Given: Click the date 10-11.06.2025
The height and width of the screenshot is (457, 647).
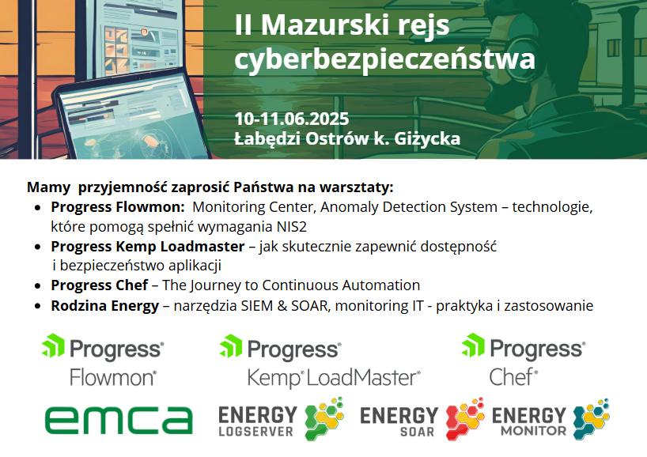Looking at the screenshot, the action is coord(292,119).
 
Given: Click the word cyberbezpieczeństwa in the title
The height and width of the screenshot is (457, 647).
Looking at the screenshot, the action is coord(384,59).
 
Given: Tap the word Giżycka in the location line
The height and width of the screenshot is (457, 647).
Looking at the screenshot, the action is coord(427,138).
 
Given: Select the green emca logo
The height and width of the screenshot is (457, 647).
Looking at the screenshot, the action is coord(119,421).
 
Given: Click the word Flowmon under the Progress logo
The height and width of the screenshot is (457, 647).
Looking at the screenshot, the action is coord(113,377).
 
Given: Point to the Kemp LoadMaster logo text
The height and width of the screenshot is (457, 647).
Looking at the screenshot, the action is coord(334,378).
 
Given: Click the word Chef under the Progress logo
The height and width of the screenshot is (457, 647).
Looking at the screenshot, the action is coord(513,377).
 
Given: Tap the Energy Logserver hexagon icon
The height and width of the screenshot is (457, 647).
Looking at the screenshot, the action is coord(324,418).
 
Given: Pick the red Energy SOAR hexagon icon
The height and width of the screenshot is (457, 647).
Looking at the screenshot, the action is coord(465,418).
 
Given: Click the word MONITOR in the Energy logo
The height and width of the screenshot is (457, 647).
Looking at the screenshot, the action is coord(534,431).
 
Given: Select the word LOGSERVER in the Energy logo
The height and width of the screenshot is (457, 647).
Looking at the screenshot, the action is coord(255,432).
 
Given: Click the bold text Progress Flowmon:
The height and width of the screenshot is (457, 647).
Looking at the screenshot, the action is coord(118,207).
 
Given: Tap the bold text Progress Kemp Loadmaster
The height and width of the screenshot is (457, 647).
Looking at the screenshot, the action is coord(148,247).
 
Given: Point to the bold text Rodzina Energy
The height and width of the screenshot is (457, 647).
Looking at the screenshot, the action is coord(105,306).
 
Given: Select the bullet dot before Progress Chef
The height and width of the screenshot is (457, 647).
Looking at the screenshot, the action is coord(38,286).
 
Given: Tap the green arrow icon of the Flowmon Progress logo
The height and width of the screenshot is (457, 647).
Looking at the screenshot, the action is coord(53,346).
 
